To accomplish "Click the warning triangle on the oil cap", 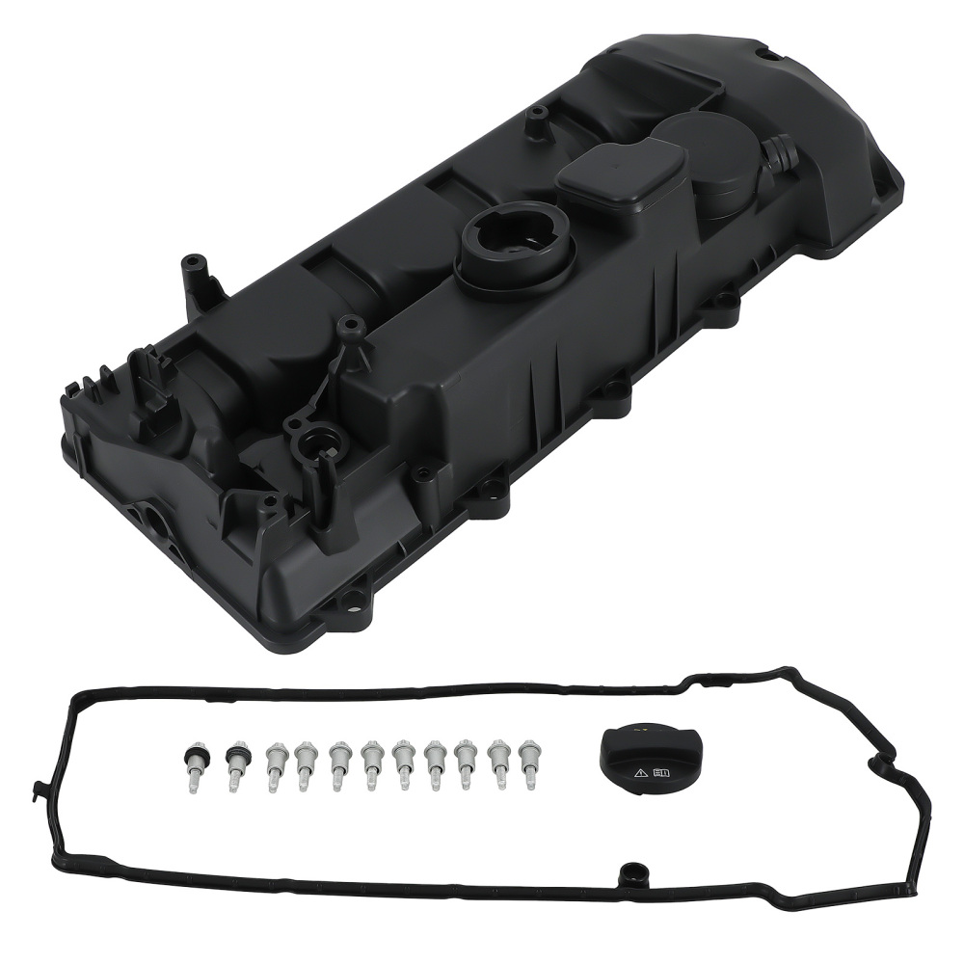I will point(640,773).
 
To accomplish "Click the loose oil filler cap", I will point(644,761).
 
